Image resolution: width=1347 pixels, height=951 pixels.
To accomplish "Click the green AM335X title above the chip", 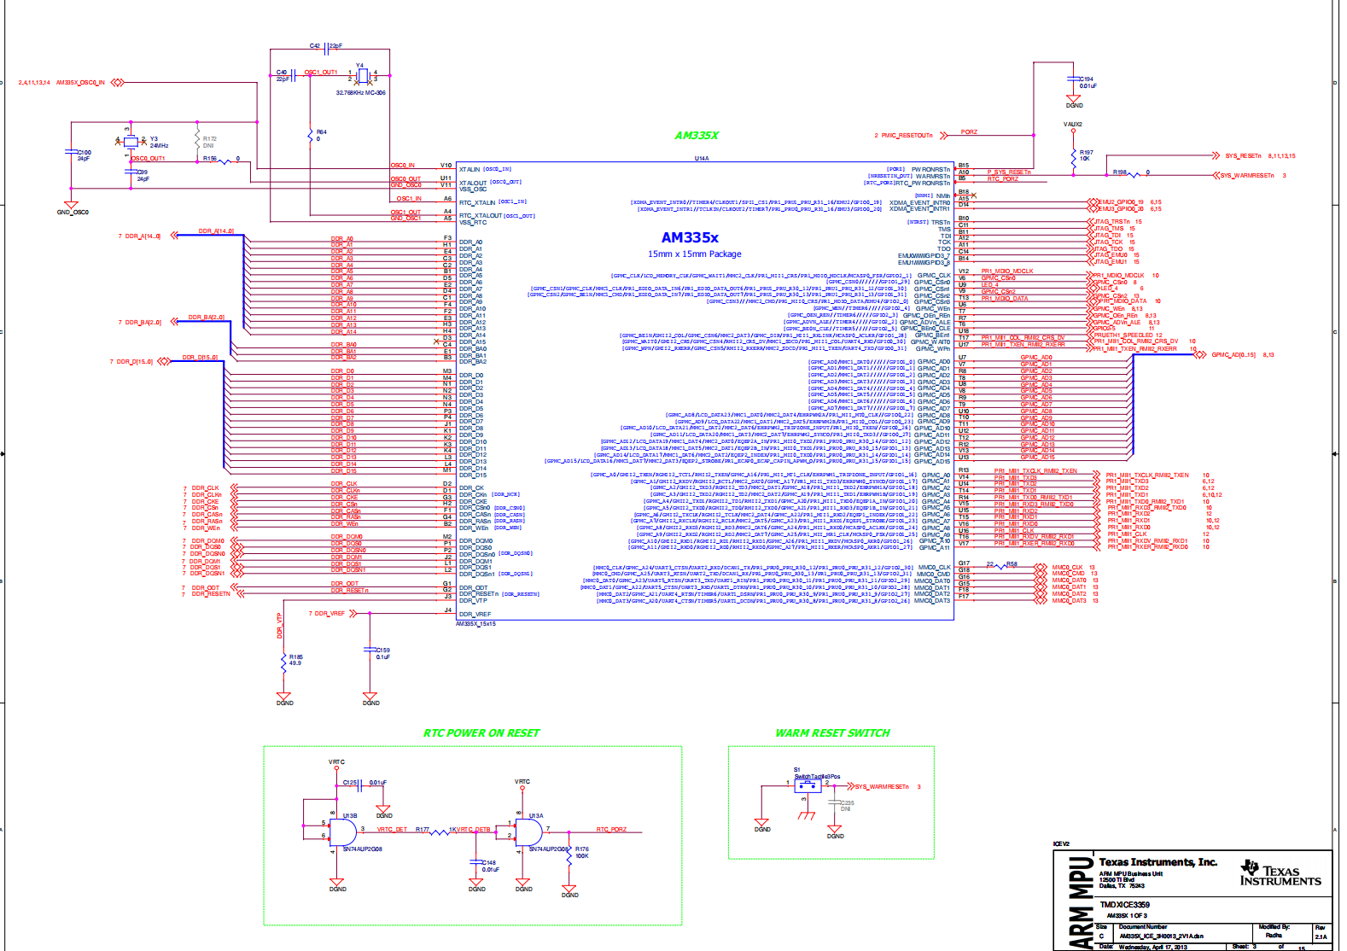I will [697, 136].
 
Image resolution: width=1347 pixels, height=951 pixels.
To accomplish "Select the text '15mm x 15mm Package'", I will [694, 254].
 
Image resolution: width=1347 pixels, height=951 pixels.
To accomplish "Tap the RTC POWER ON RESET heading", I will [481, 733].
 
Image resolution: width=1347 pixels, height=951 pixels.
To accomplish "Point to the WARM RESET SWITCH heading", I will [832, 733].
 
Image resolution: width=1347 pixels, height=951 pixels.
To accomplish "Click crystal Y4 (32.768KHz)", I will [362, 77].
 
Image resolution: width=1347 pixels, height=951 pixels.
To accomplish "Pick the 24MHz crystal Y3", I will [131, 142].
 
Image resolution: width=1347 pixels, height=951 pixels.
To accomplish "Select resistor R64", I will [310, 135].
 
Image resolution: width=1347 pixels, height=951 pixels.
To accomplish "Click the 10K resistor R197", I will [1073, 157].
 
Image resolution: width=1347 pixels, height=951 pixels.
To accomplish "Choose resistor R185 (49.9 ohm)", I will [283, 661].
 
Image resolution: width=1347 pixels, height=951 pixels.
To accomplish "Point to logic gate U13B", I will [344, 833].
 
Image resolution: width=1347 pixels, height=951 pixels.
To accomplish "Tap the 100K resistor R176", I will [569, 855].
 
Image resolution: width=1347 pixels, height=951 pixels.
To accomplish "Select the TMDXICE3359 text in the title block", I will [1124, 904].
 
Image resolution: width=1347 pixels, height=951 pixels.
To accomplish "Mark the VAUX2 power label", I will [1073, 125].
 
